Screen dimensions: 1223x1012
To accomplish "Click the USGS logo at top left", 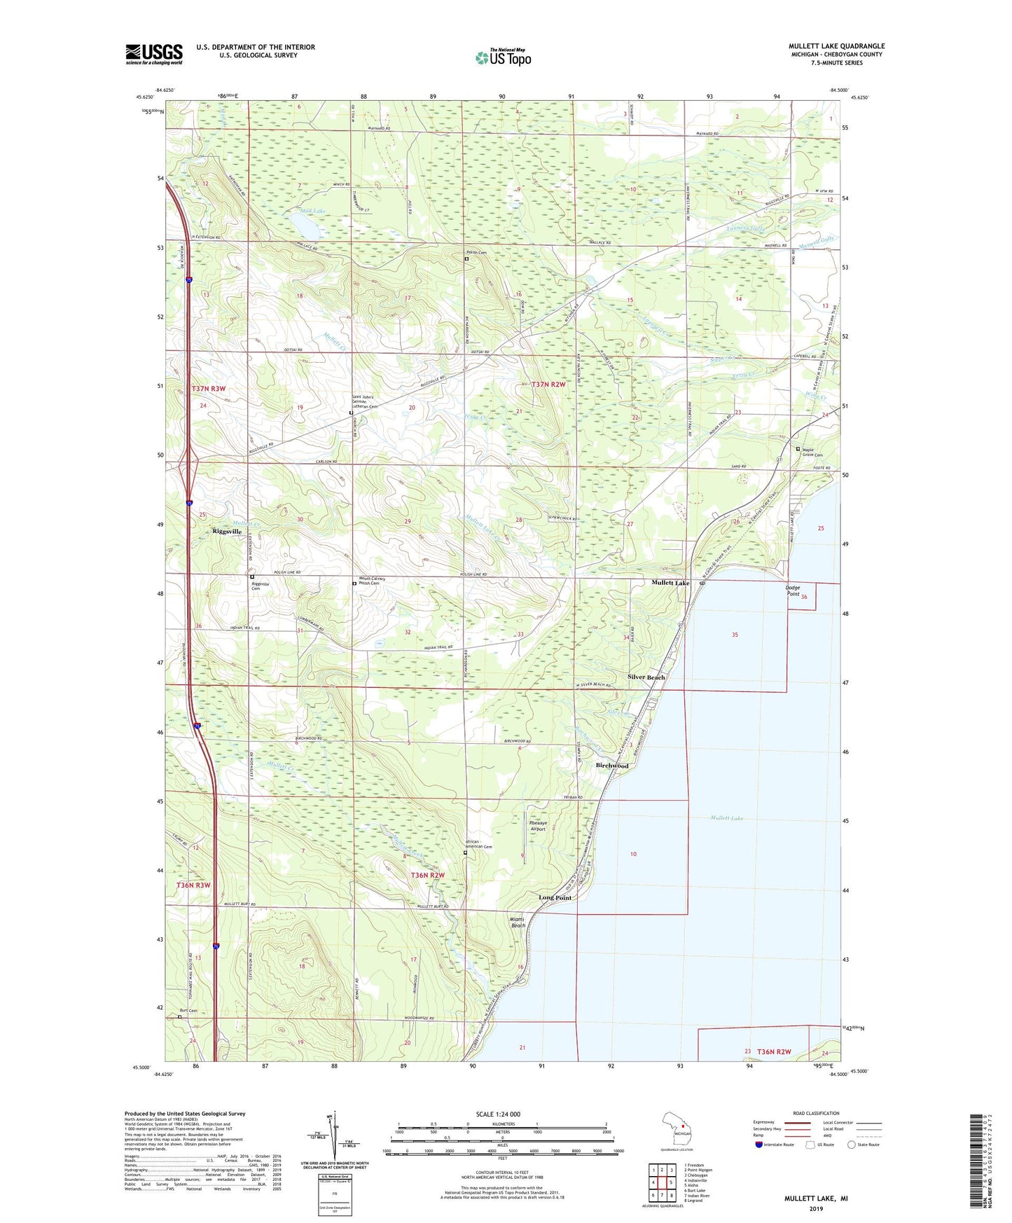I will click(x=153, y=54).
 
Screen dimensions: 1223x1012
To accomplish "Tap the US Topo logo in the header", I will click(x=503, y=57).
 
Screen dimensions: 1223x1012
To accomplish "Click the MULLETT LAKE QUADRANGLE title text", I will click(x=836, y=46).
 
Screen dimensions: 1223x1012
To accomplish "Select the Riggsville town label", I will click(x=227, y=532).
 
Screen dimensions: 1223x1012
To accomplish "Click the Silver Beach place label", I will click(x=646, y=677).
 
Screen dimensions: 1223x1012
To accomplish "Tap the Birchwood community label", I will click(x=612, y=766).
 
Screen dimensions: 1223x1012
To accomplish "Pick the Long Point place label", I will click(x=555, y=897).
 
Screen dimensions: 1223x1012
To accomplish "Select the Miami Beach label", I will click(x=518, y=922).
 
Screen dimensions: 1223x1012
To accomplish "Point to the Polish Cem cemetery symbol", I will click(x=466, y=258).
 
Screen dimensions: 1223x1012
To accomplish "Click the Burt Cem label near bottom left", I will click(x=188, y=1011).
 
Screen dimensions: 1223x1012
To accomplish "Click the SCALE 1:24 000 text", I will click(x=498, y=1114).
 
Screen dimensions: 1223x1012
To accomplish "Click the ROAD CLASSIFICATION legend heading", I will click(x=817, y=1113).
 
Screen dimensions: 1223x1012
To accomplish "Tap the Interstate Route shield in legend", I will click(x=759, y=1145).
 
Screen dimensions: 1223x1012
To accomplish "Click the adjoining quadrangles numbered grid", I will click(x=662, y=1182).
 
